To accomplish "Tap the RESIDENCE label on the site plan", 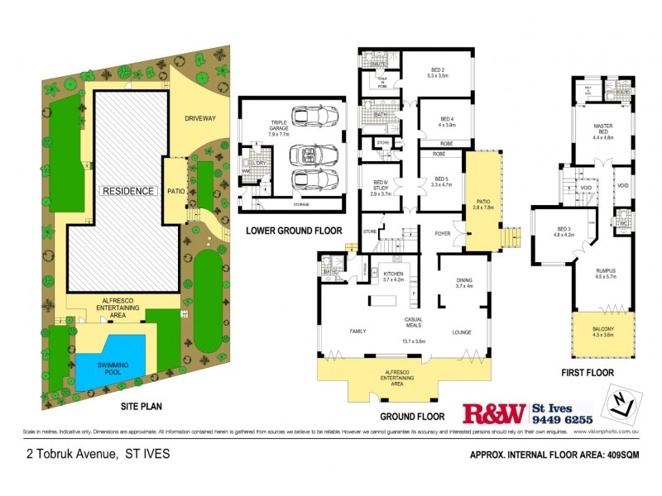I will (x=127, y=191).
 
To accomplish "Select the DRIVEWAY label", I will (x=199, y=118).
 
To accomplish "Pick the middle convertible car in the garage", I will (x=310, y=155).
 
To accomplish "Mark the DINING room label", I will (x=464, y=283).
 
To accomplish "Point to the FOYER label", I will (x=444, y=234).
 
